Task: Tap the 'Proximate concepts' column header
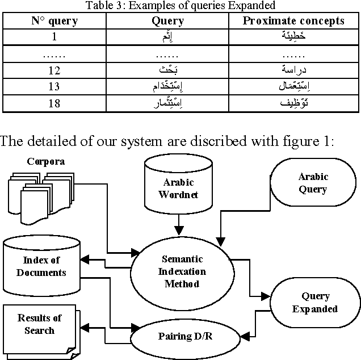(x=293, y=21)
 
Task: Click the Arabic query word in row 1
(x=168, y=37)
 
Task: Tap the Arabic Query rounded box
(x=312, y=183)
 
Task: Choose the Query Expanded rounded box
(x=315, y=303)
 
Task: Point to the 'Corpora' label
(x=45, y=161)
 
